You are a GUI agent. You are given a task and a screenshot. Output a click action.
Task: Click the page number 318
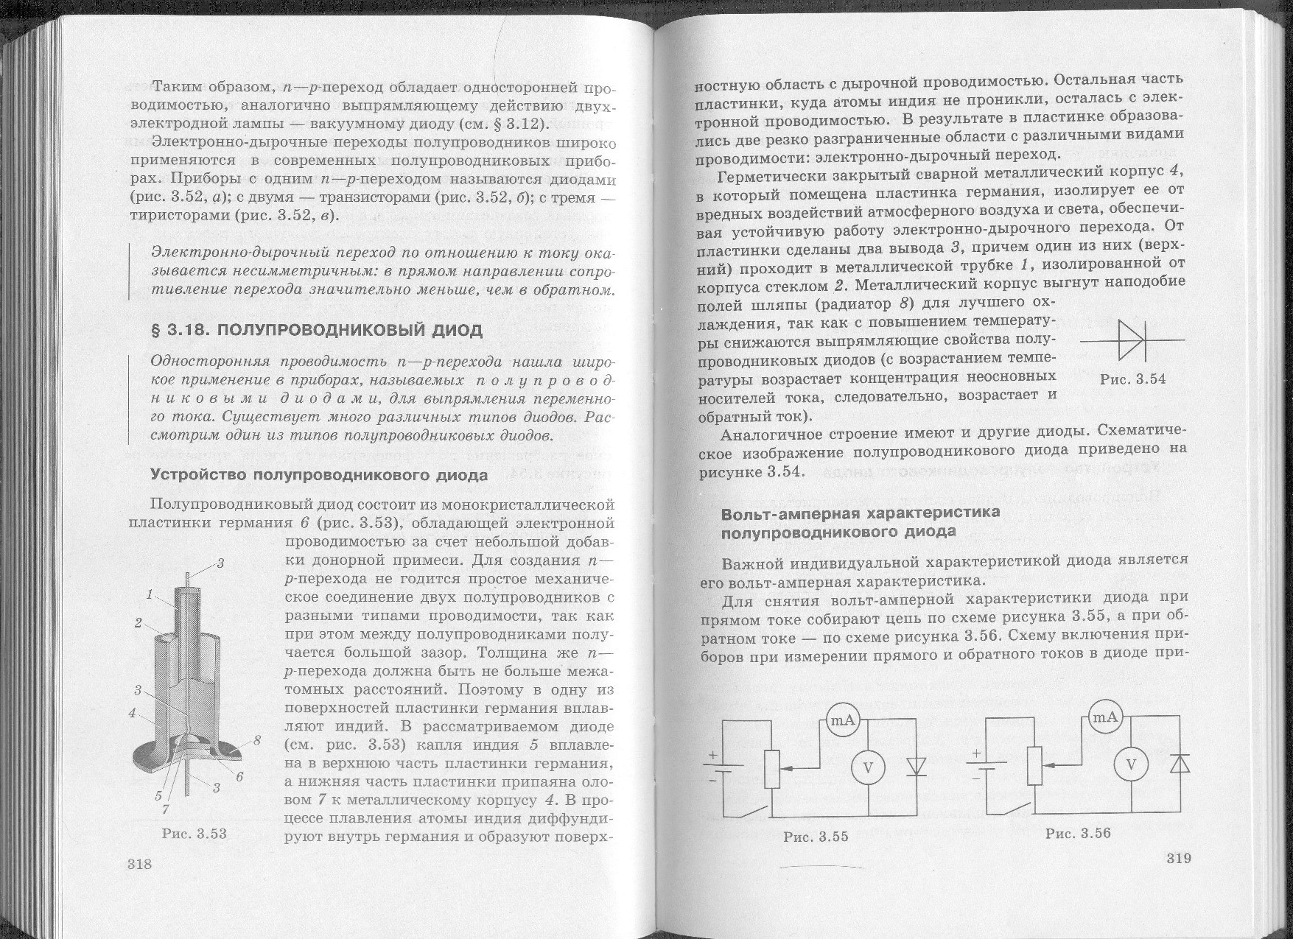pyautogui.click(x=139, y=864)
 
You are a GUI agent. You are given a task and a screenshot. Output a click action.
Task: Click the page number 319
pyautogui.click(x=1179, y=858)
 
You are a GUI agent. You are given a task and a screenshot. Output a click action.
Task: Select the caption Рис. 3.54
pyautogui.click(x=1132, y=379)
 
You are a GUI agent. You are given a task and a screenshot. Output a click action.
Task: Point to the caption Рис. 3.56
pyautogui.click(x=1077, y=833)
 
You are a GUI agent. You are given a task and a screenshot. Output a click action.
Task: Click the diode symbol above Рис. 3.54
pyautogui.click(x=1131, y=340)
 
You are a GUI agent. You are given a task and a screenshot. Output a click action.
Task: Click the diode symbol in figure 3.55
pyautogui.click(x=917, y=767)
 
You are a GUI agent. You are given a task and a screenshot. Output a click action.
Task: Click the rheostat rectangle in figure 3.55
pyautogui.click(x=771, y=768)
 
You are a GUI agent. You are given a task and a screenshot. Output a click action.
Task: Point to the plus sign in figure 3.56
pyautogui.click(x=977, y=753)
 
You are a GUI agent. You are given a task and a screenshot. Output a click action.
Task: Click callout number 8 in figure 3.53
pyautogui.click(x=257, y=741)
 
